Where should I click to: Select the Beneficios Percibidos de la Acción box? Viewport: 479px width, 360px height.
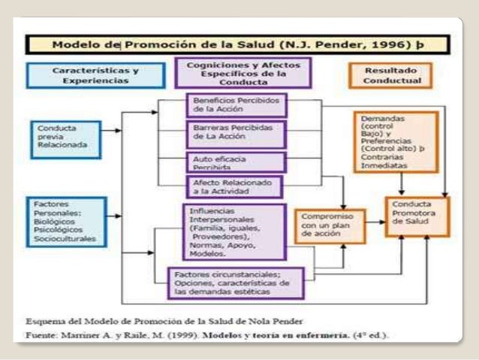[235, 104]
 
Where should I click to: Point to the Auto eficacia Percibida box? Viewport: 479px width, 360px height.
[235, 162]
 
